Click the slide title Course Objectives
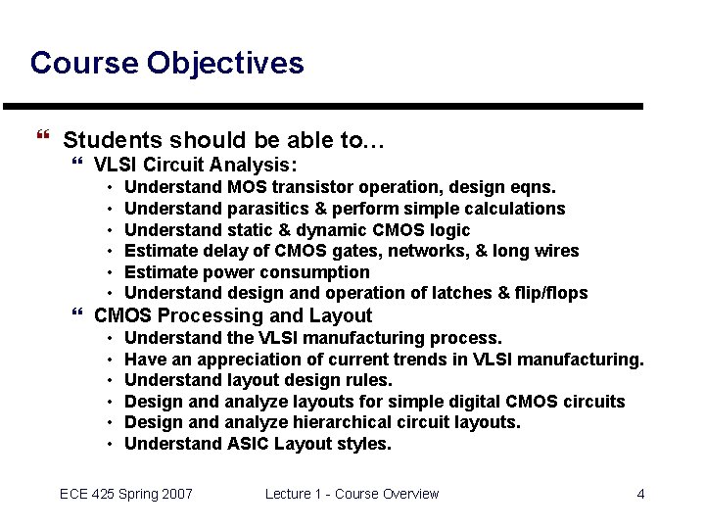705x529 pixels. click(x=166, y=64)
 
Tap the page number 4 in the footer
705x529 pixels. click(x=640, y=494)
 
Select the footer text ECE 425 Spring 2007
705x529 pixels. click(x=126, y=494)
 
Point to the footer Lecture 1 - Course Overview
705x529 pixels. click(x=352, y=494)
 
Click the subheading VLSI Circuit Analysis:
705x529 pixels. click(x=195, y=165)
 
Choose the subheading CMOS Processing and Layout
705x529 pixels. click(x=232, y=315)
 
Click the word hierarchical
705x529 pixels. click(x=344, y=422)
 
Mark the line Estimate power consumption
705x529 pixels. click(x=247, y=272)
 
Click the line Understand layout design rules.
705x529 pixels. click(x=258, y=380)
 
